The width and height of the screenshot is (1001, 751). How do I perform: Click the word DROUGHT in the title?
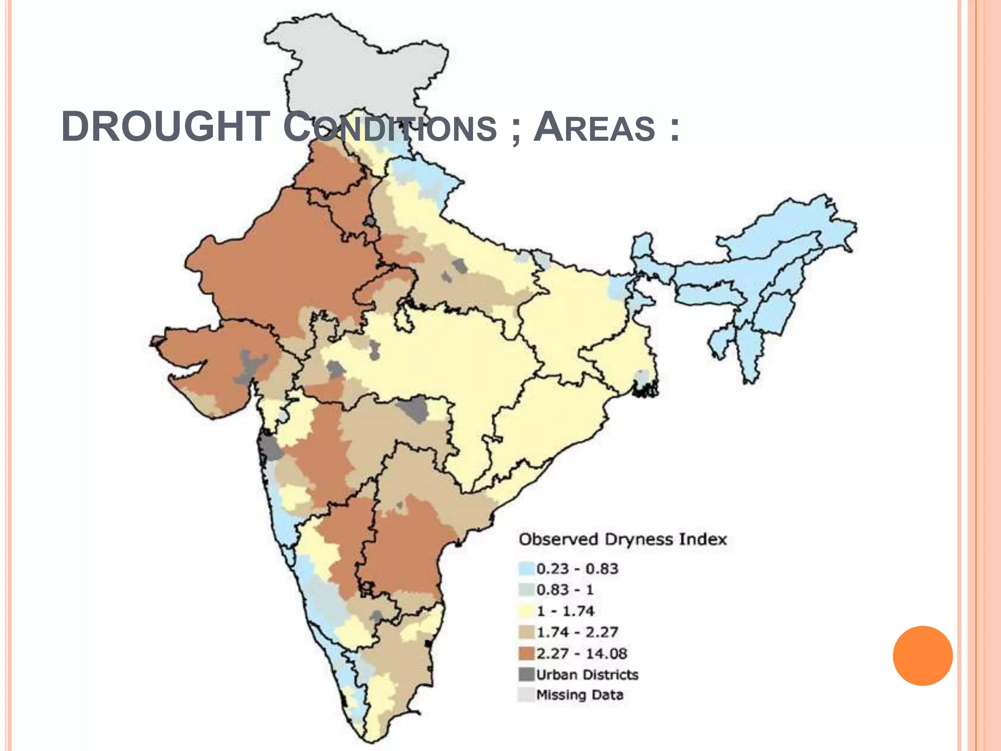pos(166,127)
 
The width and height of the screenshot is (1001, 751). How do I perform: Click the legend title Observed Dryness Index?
pos(622,539)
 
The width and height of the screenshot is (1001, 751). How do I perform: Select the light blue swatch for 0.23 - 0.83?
pos(526,569)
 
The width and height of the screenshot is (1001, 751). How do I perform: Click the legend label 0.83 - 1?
pos(565,590)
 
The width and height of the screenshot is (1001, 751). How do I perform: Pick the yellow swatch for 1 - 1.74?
pos(526,611)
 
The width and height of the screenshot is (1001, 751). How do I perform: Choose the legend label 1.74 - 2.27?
pos(577,632)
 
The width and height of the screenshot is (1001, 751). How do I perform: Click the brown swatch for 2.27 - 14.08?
pos(526,653)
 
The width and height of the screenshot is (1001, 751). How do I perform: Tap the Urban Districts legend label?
pos(587,675)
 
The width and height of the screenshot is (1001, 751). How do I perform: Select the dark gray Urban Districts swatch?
pos(526,674)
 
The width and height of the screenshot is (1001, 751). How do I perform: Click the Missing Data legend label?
pos(580,695)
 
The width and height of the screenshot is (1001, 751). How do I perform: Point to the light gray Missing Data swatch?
pos(526,695)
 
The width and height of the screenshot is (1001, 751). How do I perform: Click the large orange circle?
pos(922,656)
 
